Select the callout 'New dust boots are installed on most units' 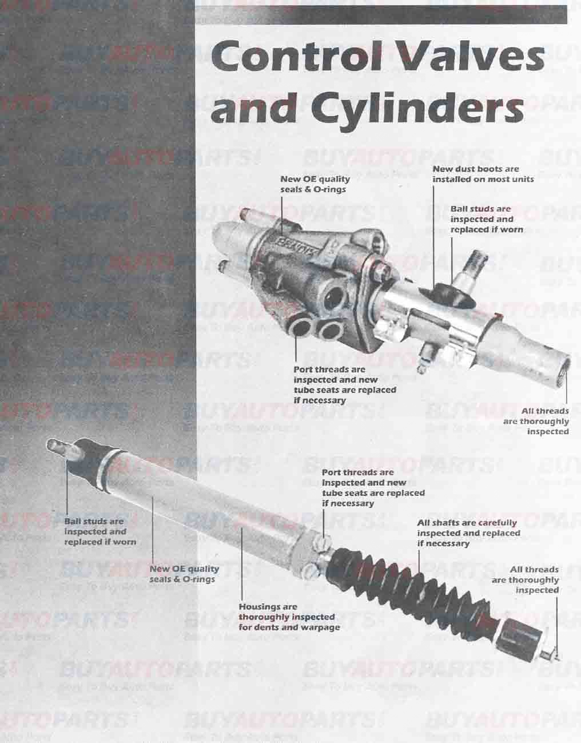(x=483, y=174)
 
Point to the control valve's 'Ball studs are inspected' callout (x=486, y=219)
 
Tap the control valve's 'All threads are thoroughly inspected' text (x=537, y=421)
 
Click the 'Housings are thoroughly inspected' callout (x=288, y=617)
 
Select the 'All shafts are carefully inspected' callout (x=468, y=533)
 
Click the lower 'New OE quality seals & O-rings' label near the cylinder (x=184, y=574)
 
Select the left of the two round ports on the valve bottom (x=299, y=329)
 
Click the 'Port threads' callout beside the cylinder (x=372, y=488)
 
